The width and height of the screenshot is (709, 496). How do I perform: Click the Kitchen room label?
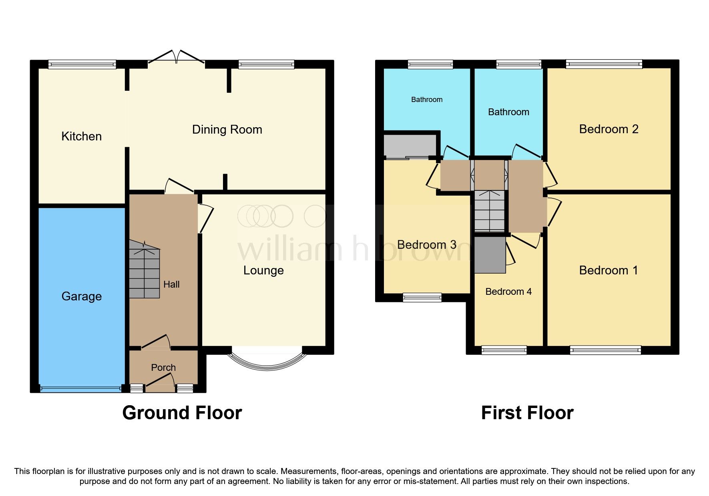81,136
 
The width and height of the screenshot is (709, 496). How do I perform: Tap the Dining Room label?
227,130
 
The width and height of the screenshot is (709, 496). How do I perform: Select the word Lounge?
263,270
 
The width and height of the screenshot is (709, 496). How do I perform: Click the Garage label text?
81,296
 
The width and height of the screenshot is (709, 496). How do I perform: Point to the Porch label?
163,367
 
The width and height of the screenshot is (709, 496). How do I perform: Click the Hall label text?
171,284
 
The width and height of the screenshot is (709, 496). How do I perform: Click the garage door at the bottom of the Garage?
81,388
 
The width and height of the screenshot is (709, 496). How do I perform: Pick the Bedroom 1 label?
608,270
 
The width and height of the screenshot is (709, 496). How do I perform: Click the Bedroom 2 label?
608,129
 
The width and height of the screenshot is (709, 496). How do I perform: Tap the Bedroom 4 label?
508,292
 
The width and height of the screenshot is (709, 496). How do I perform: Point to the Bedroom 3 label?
426,245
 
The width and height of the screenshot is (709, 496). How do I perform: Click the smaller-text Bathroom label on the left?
427,100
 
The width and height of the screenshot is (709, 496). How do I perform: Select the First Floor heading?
527,413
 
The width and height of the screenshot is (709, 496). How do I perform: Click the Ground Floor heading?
182,413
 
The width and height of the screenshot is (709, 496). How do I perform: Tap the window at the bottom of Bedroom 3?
422,297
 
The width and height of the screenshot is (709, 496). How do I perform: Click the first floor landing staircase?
489,211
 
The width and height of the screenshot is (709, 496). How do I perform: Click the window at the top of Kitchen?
82,64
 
